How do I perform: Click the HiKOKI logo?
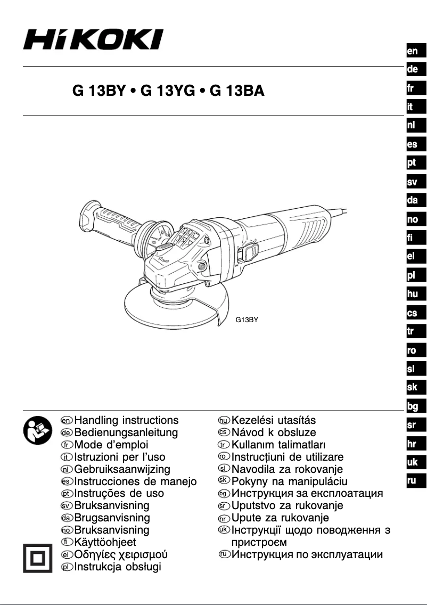(93, 40)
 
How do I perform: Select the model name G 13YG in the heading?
(167, 91)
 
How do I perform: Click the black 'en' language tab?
(412, 51)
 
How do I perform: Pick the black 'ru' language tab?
(412, 481)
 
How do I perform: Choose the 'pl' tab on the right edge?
(412, 276)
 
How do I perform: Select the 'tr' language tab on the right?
(412, 332)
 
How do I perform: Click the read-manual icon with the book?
(36, 430)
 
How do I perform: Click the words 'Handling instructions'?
(126, 421)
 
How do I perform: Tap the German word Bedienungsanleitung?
(126, 432)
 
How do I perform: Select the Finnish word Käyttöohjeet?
(105, 543)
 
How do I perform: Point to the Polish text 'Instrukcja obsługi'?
(118, 567)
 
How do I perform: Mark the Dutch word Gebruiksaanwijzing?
(122, 469)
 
